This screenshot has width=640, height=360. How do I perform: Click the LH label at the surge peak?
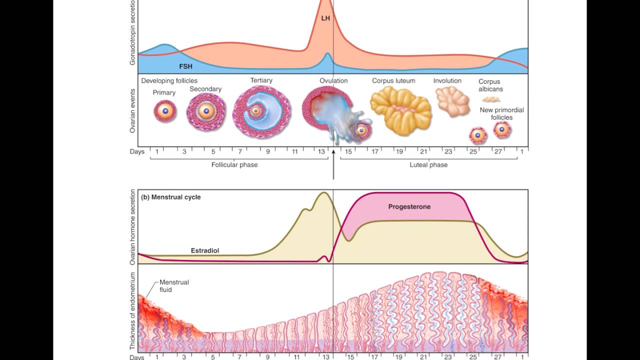tap(325, 18)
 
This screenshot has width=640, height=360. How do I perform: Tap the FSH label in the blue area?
tap(186, 65)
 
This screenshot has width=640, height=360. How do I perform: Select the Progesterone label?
tap(409, 206)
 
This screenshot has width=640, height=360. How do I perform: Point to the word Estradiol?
tap(205, 250)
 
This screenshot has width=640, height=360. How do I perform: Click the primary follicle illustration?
tap(165, 111)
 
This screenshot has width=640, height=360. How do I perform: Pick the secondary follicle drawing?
tap(206, 111)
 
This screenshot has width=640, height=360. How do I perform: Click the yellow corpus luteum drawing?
tap(400, 107)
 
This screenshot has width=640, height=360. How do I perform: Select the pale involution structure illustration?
tap(452, 100)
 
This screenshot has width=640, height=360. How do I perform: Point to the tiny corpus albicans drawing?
tap(491, 99)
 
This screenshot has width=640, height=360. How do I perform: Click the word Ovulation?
tap(333, 80)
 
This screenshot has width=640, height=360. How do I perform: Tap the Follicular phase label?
tap(234, 164)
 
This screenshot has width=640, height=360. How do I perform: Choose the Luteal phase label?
tap(428, 164)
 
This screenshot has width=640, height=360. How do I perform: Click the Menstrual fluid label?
tap(174, 285)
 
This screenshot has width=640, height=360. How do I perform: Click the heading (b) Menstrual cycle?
tap(170, 197)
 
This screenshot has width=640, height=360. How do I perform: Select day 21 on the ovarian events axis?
tap(423, 151)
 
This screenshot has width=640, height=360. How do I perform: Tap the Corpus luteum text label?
tap(392, 80)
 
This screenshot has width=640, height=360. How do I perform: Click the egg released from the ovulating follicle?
tap(361, 130)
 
